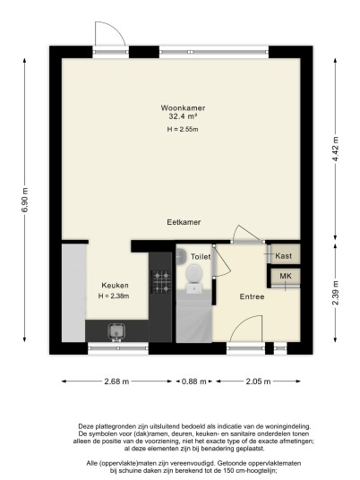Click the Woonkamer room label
pos(183,107)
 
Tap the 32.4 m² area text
pos(183,116)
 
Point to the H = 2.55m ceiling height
pos(183,129)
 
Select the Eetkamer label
pos(184,222)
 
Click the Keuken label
pos(116,286)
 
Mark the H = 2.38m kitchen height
pos(114,296)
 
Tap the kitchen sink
pos(116,332)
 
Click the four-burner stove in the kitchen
pos(160,281)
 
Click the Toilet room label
pos(201,256)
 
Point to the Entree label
pos(252,296)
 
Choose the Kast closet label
pos(284,256)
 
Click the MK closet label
pos(286,276)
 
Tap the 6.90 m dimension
pos(25,200)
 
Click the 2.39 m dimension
pos(336,293)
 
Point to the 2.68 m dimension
pos(116,381)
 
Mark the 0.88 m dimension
pos(194,381)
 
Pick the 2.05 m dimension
pos(259,381)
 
